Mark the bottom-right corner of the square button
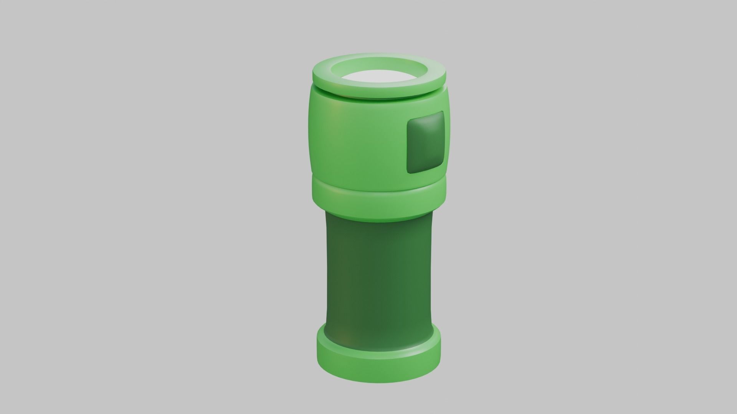pyautogui.click(x=443, y=166)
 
